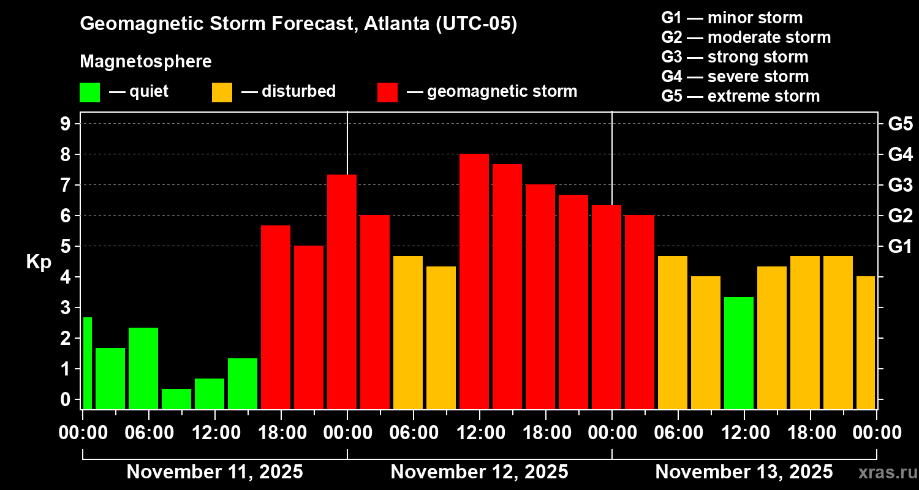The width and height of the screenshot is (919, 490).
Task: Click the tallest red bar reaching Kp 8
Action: click(474, 282)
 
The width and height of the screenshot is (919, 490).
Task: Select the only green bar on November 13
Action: click(739, 353)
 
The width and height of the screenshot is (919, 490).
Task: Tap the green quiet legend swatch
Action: click(89, 92)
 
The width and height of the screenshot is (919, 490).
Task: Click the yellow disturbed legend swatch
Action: click(222, 92)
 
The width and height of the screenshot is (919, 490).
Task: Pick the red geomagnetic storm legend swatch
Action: click(387, 92)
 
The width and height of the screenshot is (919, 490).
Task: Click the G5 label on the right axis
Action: click(900, 124)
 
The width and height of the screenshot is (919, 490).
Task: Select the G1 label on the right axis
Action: click(900, 246)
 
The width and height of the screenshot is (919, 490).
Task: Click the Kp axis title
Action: click(39, 262)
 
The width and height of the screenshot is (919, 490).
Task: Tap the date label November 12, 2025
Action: click(479, 472)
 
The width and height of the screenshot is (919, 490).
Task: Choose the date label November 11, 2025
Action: click(214, 472)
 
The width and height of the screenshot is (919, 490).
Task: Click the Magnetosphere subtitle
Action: click(146, 62)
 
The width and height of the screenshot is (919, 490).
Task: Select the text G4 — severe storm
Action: click(735, 77)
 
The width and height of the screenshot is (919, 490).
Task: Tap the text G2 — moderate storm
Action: click(746, 37)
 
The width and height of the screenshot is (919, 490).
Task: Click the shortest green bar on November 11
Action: click(176, 399)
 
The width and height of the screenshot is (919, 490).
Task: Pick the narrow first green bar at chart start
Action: click(87, 363)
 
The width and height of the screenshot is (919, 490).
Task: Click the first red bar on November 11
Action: click(276, 317)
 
